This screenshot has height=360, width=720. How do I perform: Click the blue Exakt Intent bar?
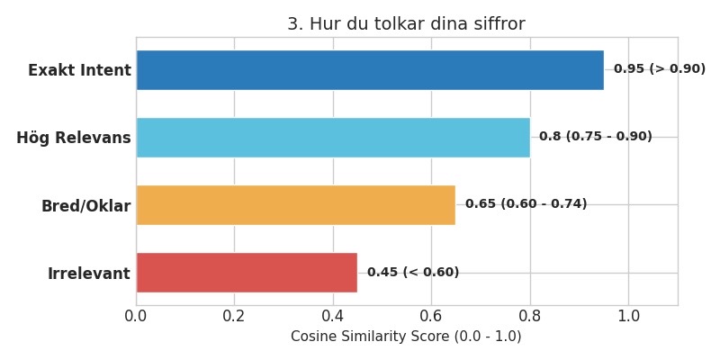[x=370, y=69]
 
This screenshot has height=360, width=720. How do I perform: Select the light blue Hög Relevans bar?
[x=333, y=137]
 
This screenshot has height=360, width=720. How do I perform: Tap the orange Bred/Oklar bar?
[x=296, y=205]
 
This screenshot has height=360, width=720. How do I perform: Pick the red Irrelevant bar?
[x=247, y=273]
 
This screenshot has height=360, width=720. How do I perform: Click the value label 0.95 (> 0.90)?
[x=659, y=69]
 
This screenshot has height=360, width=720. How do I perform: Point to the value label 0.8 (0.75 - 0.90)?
[x=595, y=137]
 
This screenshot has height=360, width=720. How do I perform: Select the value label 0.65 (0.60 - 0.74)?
[x=526, y=204]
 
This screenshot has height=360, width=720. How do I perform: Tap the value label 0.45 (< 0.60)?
[x=412, y=273]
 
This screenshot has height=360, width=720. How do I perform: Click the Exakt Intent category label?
[x=79, y=70]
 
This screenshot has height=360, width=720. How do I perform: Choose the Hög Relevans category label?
[x=74, y=138]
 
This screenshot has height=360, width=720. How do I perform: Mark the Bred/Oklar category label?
[x=85, y=206]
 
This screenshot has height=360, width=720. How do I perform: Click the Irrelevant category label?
[x=89, y=274]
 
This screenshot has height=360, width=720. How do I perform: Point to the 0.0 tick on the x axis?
[x=136, y=317]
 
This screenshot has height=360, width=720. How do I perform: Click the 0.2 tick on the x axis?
[x=234, y=317]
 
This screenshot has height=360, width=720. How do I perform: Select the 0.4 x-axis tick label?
[x=333, y=317]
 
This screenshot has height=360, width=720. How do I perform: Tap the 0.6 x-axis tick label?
[x=431, y=317]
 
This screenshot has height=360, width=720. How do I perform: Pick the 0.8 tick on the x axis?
[x=530, y=317]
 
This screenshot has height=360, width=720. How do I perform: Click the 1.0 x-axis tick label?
[x=628, y=317]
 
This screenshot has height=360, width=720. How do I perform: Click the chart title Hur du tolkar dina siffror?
[x=406, y=24]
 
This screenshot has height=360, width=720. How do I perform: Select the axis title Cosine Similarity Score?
[x=406, y=337]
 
